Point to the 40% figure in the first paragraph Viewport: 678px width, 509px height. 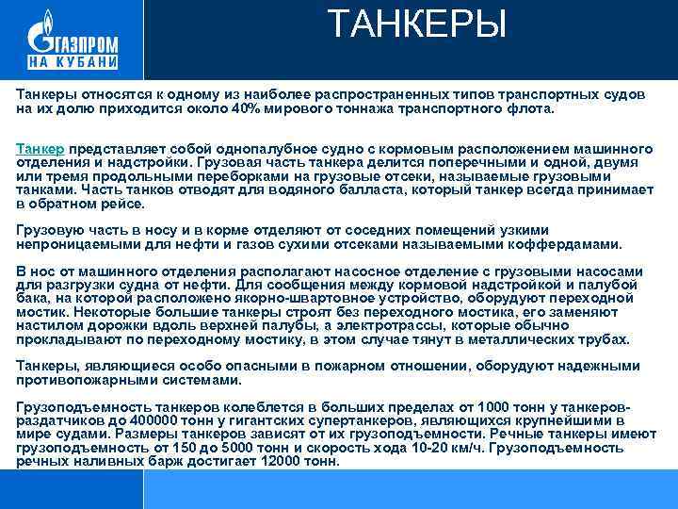[248, 109]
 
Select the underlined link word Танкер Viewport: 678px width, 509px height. [40, 149]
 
